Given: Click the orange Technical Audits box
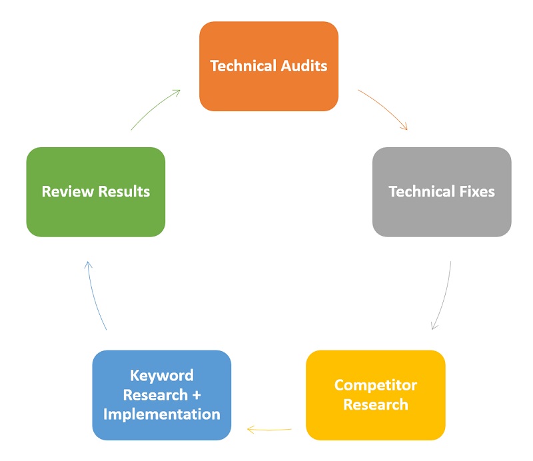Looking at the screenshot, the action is [x=268, y=67].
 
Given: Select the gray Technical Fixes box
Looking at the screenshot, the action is [x=442, y=192].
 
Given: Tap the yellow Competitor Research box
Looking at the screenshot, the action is [x=376, y=395].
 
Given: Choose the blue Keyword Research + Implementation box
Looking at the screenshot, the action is [x=162, y=395].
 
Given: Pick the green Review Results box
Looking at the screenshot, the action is [x=96, y=192].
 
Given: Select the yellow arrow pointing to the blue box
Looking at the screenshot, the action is [x=269, y=430].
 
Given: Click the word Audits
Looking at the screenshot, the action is [x=304, y=66].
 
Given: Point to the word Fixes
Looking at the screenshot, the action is [x=477, y=191].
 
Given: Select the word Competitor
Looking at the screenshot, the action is [x=376, y=385].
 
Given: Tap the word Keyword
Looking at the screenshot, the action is [x=162, y=376].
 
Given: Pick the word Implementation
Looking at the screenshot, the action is [x=162, y=414].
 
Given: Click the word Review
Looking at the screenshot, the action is [x=68, y=191].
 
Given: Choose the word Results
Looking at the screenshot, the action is [x=124, y=191].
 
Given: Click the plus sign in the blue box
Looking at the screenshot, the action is [x=197, y=396].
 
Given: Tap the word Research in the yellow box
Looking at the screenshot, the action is [x=376, y=404].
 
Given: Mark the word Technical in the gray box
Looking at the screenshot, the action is [x=422, y=191].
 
